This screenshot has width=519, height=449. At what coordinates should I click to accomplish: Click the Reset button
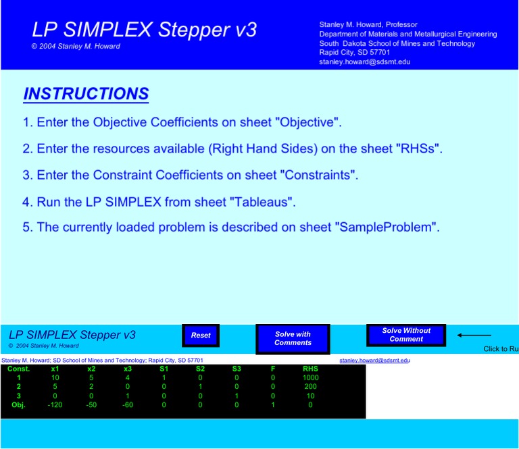tap(201, 336)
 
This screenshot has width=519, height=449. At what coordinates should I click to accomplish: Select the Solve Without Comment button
tap(406, 335)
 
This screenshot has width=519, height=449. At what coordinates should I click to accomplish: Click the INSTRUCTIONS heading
tap(86, 94)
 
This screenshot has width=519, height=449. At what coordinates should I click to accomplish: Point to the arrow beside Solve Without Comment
tap(474, 335)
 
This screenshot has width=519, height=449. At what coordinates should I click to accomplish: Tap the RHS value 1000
tap(310, 378)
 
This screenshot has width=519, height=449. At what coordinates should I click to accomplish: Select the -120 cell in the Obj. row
tap(55, 405)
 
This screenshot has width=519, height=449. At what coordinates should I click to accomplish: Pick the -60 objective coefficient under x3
tap(128, 405)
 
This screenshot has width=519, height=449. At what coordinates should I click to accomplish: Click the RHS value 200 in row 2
tap(310, 387)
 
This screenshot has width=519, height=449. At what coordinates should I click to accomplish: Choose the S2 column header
tap(200, 369)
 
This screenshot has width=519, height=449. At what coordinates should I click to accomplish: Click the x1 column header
tap(55, 369)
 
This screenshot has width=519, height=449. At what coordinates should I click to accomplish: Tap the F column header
tap(273, 369)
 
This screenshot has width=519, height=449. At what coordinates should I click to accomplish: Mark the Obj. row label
tap(19, 405)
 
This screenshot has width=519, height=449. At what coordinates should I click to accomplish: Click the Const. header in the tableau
tap(19, 369)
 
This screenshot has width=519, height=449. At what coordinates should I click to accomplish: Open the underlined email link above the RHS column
tap(374, 361)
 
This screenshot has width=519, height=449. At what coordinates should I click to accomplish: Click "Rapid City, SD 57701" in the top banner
tap(354, 53)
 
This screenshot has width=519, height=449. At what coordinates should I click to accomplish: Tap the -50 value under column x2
tap(91, 405)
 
